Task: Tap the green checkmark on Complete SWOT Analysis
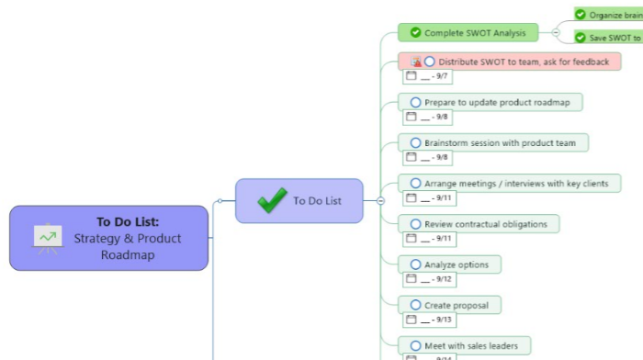415,33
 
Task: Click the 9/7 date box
427,76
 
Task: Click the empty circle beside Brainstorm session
415,143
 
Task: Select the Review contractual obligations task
485,224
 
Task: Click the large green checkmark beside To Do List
271,200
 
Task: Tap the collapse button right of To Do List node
380,200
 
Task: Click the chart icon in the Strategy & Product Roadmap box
47,236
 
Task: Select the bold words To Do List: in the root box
128,221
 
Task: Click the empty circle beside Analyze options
415,264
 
